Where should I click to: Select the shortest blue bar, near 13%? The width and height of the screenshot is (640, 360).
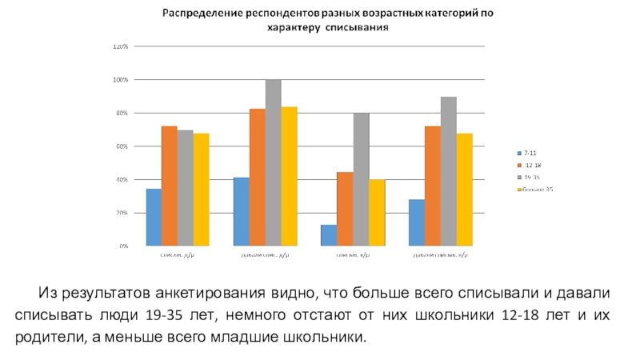tap(329, 235)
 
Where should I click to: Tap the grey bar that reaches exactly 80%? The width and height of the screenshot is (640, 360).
tap(361, 179)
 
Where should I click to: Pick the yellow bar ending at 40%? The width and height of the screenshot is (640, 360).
tap(376, 213)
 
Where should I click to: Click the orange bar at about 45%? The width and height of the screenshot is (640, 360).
tap(345, 209)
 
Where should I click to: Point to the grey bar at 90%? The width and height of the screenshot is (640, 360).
tap(448, 171)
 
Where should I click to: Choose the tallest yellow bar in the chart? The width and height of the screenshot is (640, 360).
tap(289, 176)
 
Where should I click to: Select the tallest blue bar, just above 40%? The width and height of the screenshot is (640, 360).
tap(242, 212)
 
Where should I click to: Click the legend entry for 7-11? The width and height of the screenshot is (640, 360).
tap(529, 152)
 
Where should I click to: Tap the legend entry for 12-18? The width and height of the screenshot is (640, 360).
tap(530, 164)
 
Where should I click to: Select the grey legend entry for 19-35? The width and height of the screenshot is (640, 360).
tap(530, 177)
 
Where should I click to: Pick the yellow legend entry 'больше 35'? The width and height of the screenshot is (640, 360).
tap(535, 190)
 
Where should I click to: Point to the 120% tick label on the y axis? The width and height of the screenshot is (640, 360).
tap(121, 46)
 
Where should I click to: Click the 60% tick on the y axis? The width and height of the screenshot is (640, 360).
tap(122, 146)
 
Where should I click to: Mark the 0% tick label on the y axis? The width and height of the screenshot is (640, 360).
tap(124, 246)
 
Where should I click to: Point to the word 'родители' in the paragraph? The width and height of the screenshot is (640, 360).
tap(47, 337)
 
